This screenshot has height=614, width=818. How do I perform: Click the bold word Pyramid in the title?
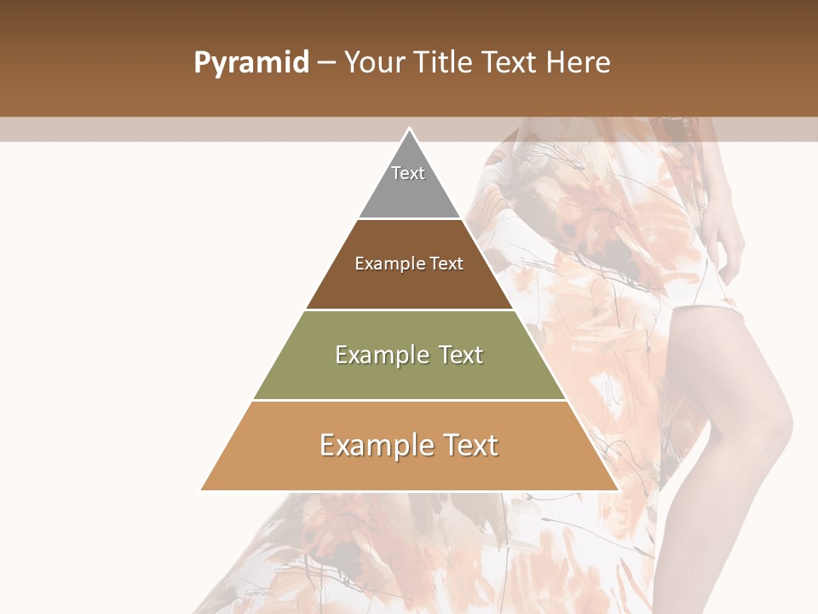(x=251, y=63)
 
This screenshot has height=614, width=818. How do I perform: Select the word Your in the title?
(x=372, y=63)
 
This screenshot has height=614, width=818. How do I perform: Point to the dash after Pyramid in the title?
(x=326, y=63)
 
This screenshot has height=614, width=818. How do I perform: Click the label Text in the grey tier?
(x=408, y=173)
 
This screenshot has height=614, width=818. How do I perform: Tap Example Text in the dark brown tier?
(x=409, y=264)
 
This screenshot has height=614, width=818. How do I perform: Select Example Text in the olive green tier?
(x=409, y=355)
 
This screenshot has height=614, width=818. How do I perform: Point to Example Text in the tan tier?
(x=409, y=445)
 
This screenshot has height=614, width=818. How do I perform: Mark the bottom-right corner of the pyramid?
(x=617, y=489)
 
